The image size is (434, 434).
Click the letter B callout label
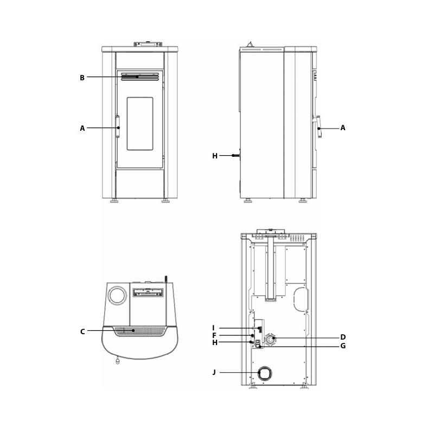pyautogui.click(x=82, y=78)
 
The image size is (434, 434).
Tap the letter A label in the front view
pyautogui.click(x=82, y=129)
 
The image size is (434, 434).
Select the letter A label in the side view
pyautogui.click(x=343, y=128)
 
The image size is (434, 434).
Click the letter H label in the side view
pyautogui.click(x=215, y=156)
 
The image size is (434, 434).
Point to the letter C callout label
pyautogui.click(x=82, y=331)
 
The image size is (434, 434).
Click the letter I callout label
pyautogui.click(x=213, y=328)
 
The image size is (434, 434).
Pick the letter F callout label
pyautogui.click(x=214, y=336)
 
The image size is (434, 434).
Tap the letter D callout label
pyautogui.click(x=343, y=337)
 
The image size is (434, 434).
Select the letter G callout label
pyautogui.click(x=343, y=346)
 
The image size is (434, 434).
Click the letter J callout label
pyautogui.click(x=214, y=372)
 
